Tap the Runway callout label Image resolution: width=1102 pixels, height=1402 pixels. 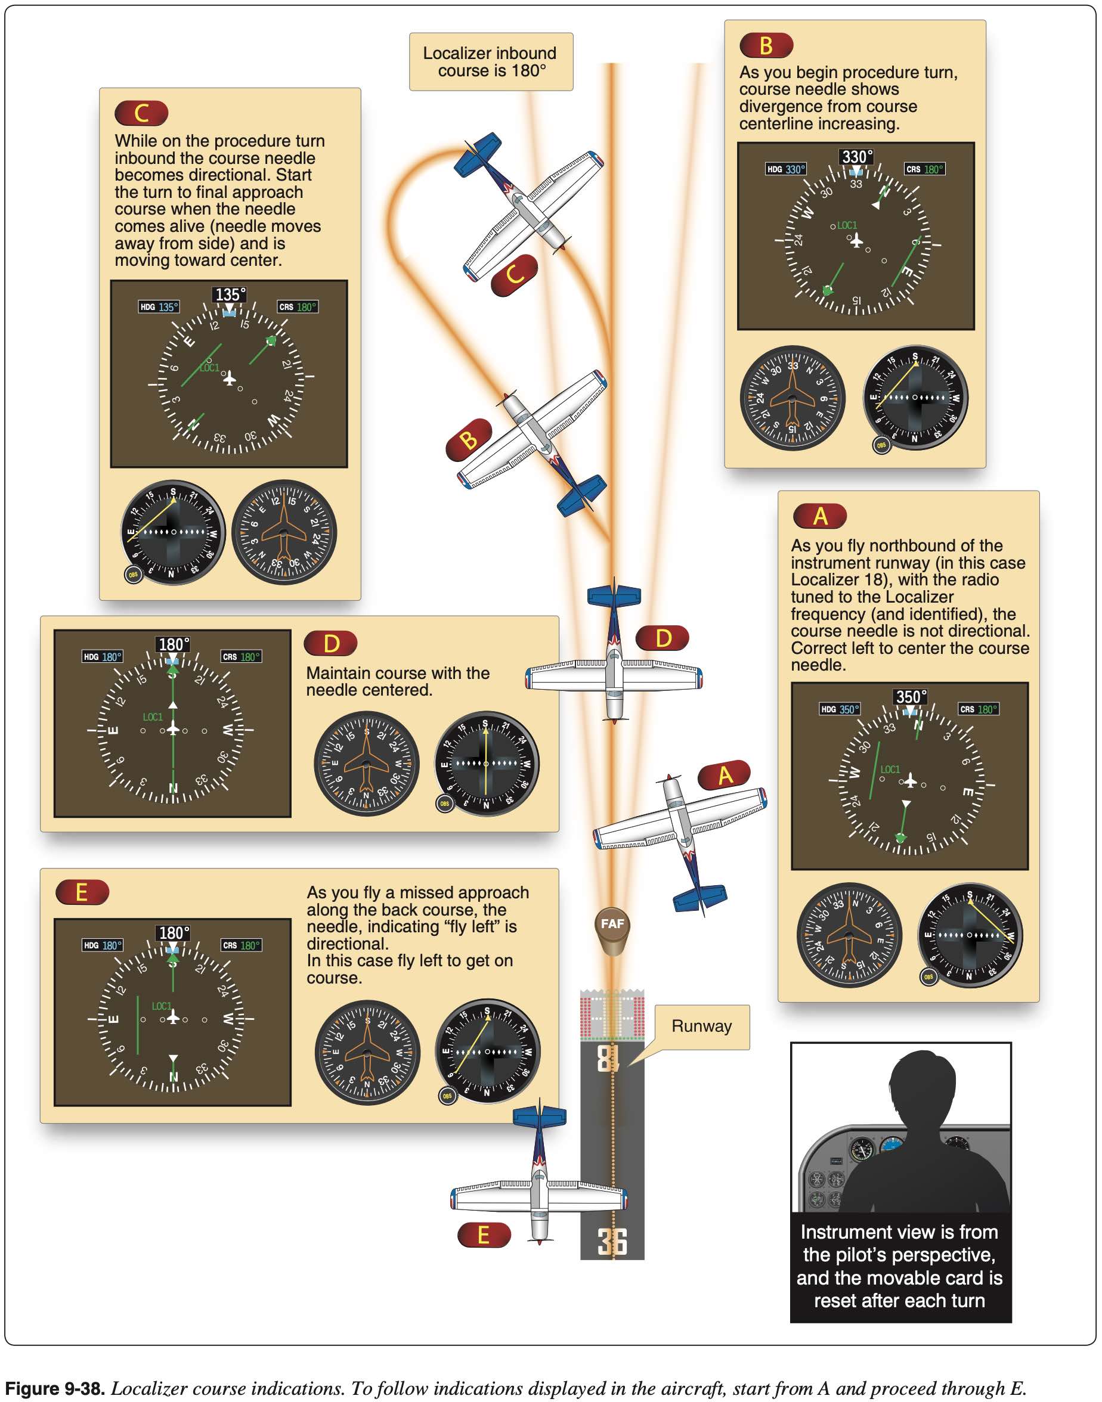(701, 1026)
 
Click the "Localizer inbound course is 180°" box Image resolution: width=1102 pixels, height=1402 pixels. (490, 62)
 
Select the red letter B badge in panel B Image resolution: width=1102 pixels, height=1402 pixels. (766, 46)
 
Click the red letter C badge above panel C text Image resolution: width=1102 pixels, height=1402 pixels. (141, 113)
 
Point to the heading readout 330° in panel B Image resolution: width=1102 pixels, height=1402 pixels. (856, 157)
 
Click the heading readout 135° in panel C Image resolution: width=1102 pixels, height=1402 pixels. (230, 294)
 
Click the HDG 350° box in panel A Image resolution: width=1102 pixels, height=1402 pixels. (840, 709)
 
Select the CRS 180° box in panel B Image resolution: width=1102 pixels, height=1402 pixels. (924, 170)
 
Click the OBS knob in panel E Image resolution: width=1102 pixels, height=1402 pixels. (447, 1096)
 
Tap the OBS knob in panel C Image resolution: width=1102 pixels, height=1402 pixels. (133, 574)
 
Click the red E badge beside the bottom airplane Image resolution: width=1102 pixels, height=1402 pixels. (483, 1235)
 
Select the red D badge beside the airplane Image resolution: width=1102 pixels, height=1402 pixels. (663, 638)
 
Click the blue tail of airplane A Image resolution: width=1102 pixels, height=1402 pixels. (700, 896)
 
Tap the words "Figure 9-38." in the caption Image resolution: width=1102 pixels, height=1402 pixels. (55, 1388)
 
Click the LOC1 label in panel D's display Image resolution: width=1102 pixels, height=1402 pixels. (153, 717)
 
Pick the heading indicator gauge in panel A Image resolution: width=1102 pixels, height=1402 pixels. (849, 935)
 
